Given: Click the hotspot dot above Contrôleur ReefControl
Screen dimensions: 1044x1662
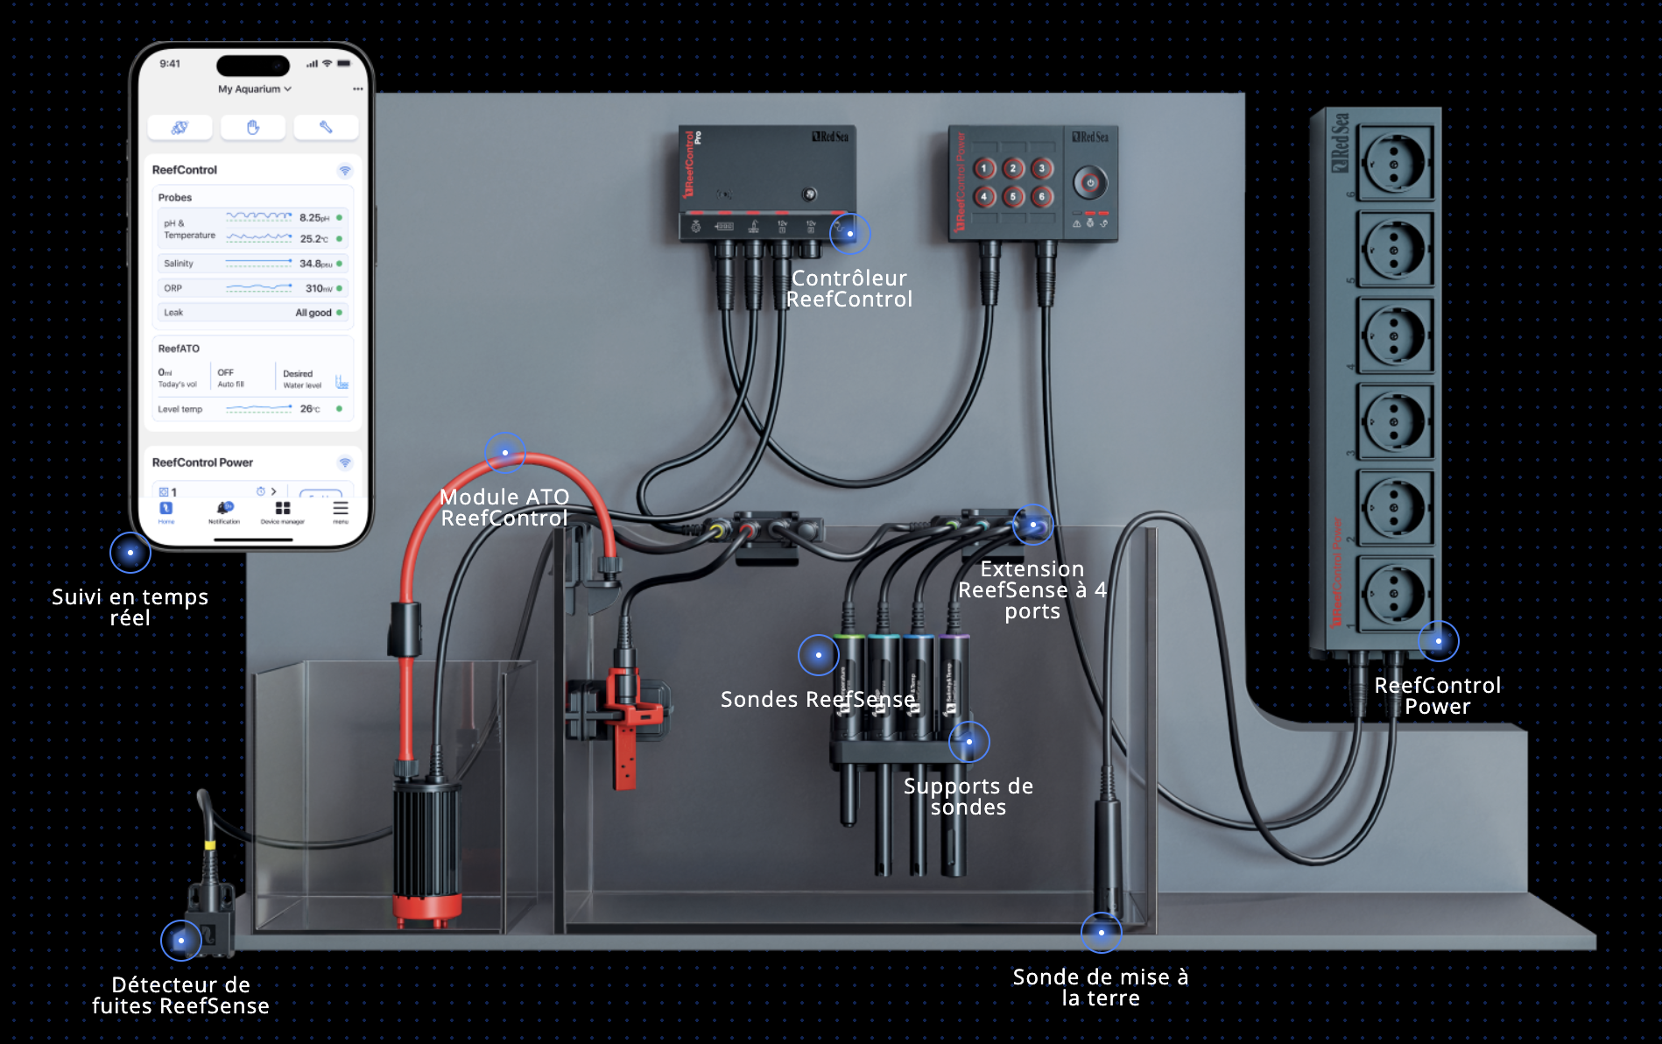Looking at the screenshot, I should tap(849, 234).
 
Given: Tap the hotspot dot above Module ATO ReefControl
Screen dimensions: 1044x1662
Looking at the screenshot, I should tap(505, 453).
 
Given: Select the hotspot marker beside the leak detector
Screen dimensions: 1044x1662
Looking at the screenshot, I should tap(181, 941).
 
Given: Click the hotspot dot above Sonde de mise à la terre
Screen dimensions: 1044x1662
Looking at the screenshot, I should tap(1101, 933).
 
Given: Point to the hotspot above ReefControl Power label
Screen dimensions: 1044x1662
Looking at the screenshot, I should tap(1438, 641).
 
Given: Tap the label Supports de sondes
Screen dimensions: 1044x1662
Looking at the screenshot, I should tap(968, 797).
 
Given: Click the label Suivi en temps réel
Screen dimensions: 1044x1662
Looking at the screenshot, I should tap(130, 608).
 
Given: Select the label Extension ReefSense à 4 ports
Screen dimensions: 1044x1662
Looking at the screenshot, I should tap(1032, 590).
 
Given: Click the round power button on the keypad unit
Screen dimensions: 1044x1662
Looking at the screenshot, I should tap(1090, 183).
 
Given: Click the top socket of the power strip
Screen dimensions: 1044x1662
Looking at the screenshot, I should tap(1394, 164).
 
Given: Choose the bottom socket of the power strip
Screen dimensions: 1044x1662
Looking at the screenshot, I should tap(1394, 594).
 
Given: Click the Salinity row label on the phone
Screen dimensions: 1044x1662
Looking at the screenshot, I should tap(179, 264).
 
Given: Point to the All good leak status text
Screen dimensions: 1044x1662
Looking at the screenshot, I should tap(313, 313).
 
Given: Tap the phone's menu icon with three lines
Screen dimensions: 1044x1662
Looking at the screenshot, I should tap(341, 509).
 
